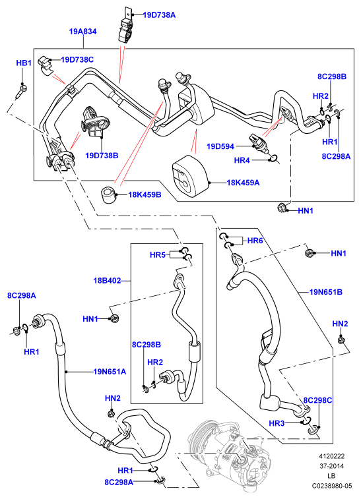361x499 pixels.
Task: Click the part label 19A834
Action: (x=83, y=32)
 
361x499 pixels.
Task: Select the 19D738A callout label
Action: (x=159, y=15)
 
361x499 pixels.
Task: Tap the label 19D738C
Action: (x=77, y=60)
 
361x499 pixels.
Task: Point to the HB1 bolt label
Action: (x=24, y=63)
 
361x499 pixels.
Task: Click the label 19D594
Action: (x=220, y=146)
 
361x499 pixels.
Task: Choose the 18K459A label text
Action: (x=243, y=183)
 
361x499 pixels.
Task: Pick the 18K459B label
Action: (x=145, y=194)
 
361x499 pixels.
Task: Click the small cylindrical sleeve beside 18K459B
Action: (x=108, y=195)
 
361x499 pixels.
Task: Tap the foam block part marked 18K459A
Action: (x=190, y=176)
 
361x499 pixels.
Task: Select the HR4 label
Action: (x=242, y=160)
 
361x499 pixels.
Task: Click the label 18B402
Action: (x=107, y=281)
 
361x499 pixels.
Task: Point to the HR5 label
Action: (x=157, y=255)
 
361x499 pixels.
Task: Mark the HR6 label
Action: (x=255, y=241)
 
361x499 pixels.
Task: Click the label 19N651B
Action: (x=326, y=292)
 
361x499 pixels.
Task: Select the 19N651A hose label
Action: (x=110, y=371)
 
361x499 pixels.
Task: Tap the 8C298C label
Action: (x=317, y=400)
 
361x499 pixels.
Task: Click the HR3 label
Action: (x=277, y=423)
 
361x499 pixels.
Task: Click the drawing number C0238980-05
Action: (x=332, y=486)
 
